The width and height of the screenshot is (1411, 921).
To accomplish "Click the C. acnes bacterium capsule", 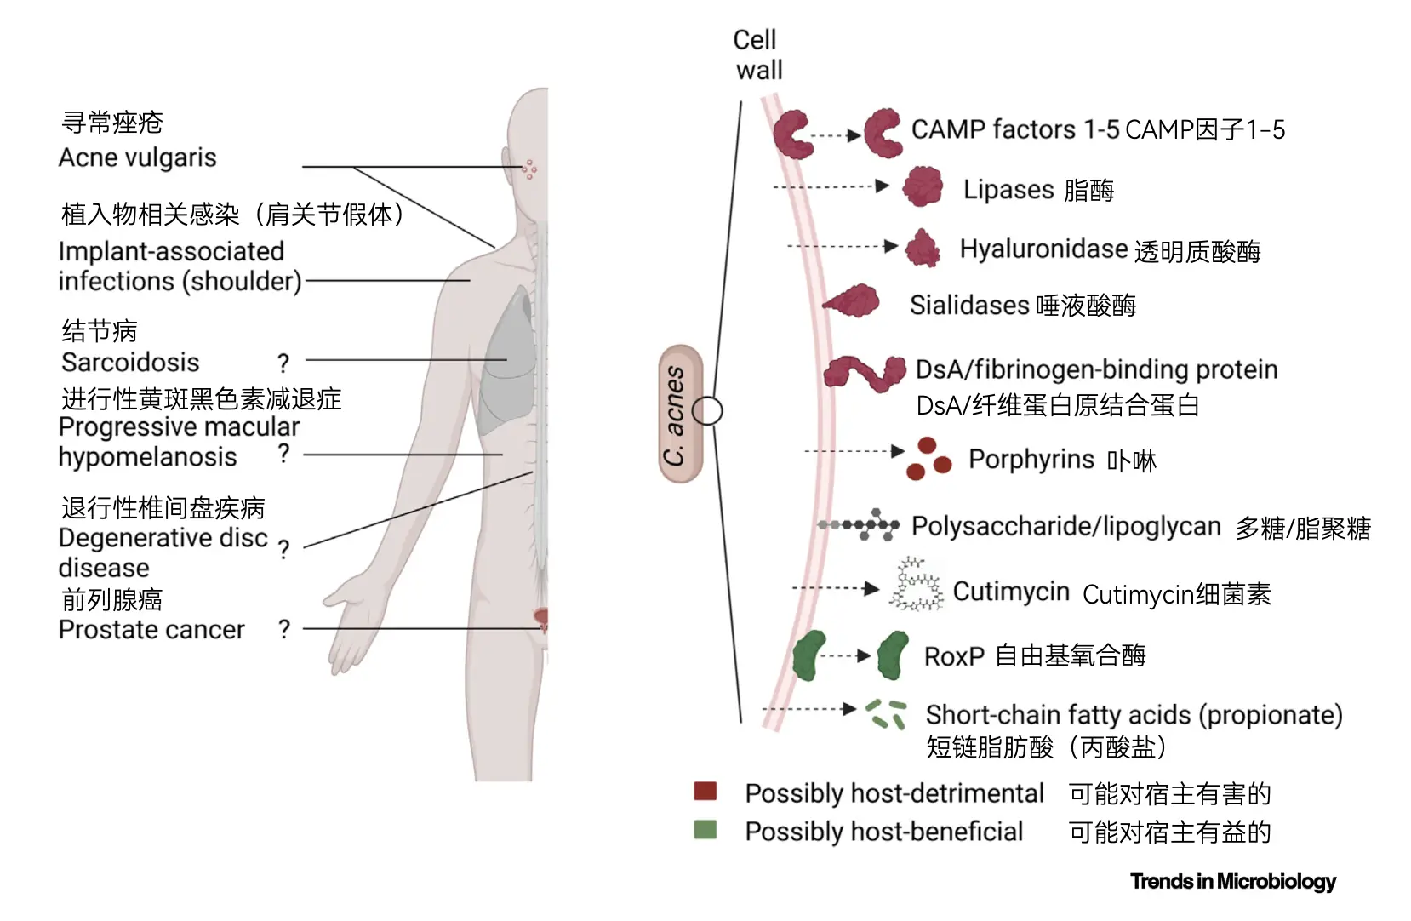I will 681,414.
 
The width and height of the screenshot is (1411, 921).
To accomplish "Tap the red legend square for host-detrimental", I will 705,792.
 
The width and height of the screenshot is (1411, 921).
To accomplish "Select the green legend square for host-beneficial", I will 705,830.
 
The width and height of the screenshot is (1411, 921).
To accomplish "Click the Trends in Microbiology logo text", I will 1232,881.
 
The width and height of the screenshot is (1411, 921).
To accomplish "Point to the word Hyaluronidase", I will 1043,249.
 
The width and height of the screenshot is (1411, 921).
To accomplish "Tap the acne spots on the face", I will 529,169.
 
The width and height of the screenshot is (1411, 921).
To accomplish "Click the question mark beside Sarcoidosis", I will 283,363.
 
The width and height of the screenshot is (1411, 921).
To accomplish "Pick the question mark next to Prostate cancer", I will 284,629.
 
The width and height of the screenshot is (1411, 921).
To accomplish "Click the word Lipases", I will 1008,189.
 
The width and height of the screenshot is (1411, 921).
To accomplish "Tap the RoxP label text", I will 954,656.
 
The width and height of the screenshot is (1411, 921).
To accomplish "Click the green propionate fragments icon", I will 885,714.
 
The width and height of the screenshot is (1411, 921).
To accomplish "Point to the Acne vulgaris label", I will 137,157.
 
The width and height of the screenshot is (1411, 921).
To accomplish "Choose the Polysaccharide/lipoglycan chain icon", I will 859,525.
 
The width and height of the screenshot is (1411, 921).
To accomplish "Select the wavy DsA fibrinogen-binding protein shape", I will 865,373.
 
